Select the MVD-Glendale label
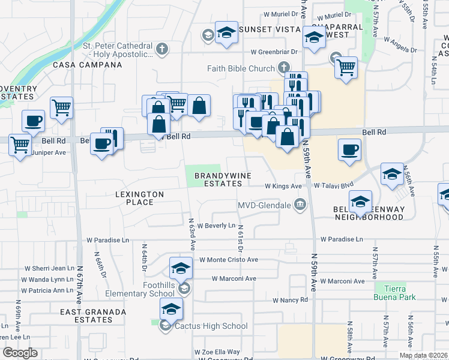click(264, 206)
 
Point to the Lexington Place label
click(140, 198)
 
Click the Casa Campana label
click(83, 64)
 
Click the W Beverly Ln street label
click(214, 225)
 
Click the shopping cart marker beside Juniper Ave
click(20, 144)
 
